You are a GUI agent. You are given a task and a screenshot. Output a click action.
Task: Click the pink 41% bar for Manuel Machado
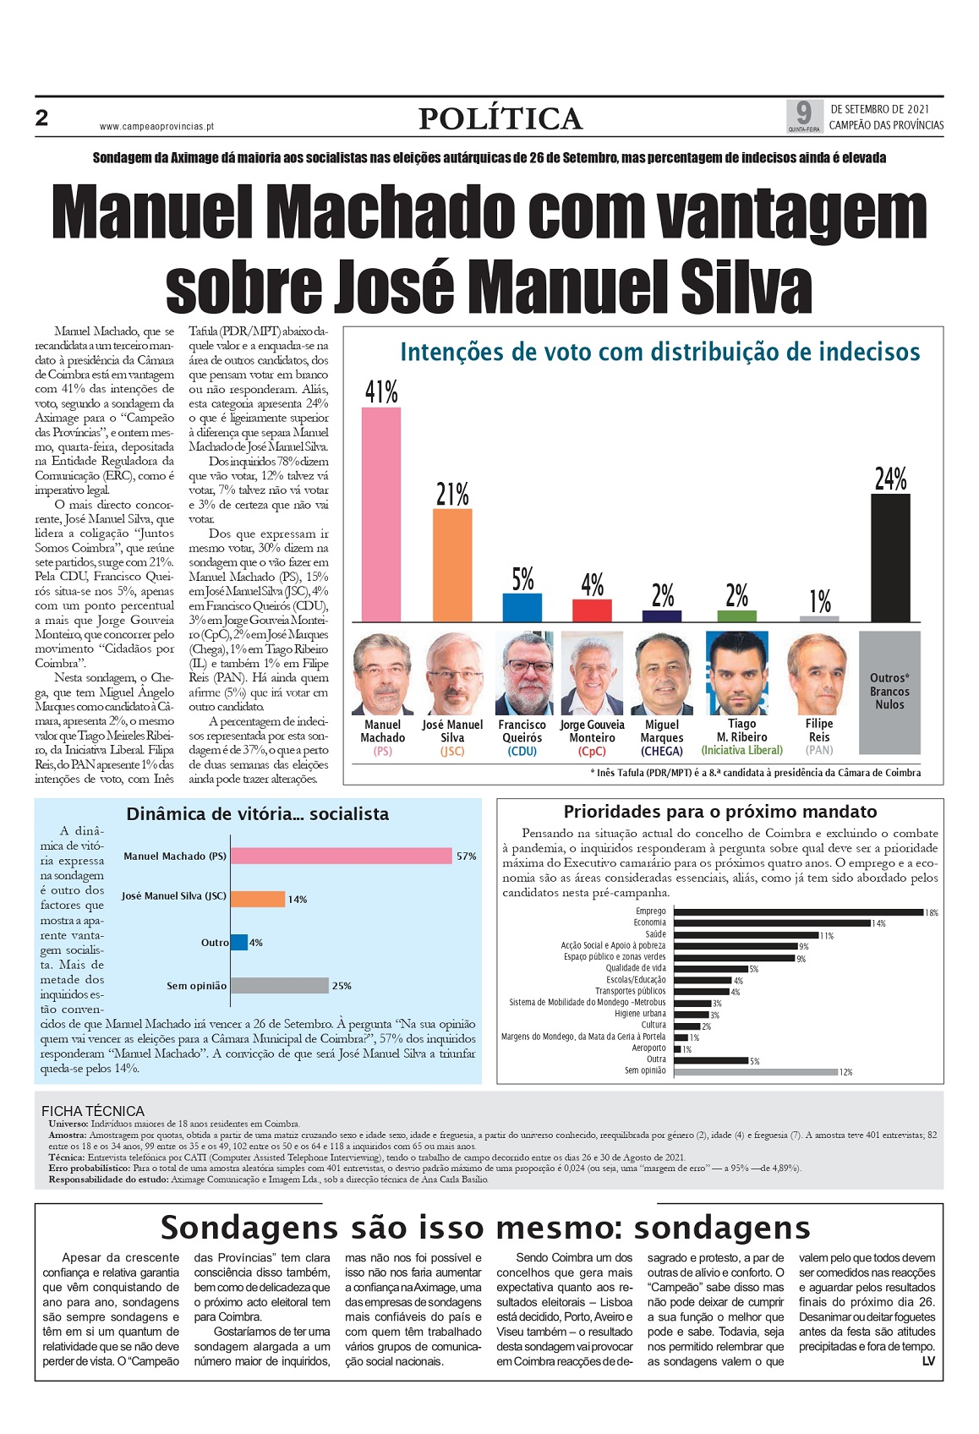[x=381, y=514]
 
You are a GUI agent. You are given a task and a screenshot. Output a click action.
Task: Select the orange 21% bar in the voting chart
[x=452, y=565]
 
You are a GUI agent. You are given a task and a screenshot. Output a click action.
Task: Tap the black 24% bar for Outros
[x=890, y=557]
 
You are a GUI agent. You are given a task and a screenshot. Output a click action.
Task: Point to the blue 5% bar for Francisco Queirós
[x=522, y=608]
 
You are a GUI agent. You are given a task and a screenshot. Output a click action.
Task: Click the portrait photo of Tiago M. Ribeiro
[x=737, y=673]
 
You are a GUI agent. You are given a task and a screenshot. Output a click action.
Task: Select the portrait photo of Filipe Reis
[x=818, y=673]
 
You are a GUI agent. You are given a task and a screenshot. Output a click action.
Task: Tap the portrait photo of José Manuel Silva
[x=454, y=673]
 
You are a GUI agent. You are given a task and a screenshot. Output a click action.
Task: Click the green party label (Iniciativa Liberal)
[x=742, y=750]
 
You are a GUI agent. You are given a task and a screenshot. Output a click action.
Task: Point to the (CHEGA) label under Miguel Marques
[x=662, y=751]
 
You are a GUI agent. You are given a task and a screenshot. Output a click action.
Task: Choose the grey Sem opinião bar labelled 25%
[x=280, y=985]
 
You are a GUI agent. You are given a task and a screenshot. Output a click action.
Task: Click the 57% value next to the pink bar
[x=466, y=856]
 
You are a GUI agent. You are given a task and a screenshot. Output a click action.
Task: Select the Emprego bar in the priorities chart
[x=798, y=911]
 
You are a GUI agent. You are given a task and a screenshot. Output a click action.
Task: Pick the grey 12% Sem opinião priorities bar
[x=756, y=1071]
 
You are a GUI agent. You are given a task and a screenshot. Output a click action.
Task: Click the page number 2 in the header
[x=41, y=118]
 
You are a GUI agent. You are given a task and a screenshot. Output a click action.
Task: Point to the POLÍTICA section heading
[x=500, y=118]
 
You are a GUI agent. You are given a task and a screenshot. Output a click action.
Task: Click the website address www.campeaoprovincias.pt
[x=156, y=127]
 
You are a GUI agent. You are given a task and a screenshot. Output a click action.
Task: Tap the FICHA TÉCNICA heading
[x=93, y=1111]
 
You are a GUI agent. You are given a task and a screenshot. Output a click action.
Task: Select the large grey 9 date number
[x=803, y=113]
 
